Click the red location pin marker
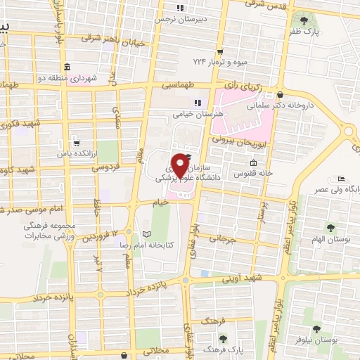183,165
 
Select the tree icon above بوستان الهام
330,226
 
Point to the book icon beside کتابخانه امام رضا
146,233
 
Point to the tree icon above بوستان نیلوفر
319,328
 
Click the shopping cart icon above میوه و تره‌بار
220,51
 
